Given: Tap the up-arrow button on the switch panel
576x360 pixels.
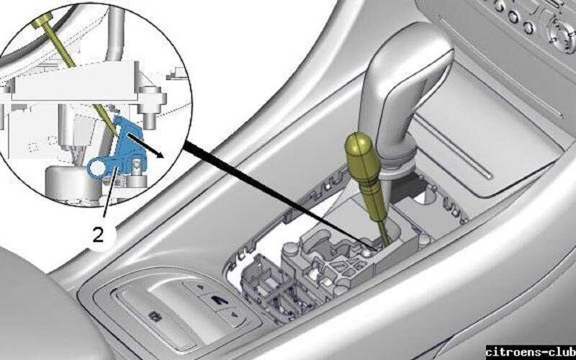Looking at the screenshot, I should tap(197, 288).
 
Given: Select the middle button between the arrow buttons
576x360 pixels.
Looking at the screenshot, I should tap(214, 301).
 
